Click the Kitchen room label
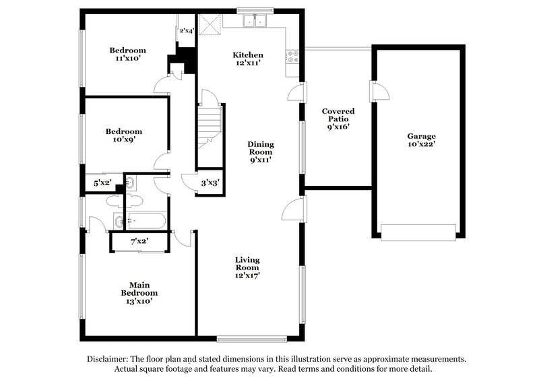pyautogui.click(x=248, y=59)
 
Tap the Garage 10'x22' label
pyautogui.click(x=421, y=140)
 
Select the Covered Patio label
pyautogui.click(x=338, y=119)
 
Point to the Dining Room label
pyautogui.click(x=260, y=152)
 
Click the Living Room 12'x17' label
pyautogui.click(x=247, y=267)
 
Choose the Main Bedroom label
pyautogui.click(x=139, y=293)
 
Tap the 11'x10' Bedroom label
pyautogui.click(x=127, y=55)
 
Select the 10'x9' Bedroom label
pyautogui.click(x=123, y=135)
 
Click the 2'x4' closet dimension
pyautogui.click(x=187, y=31)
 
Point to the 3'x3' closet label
pyautogui.click(x=210, y=183)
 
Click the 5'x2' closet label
pyautogui.click(x=102, y=183)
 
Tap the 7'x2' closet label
pyautogui.click(x=139, y=241)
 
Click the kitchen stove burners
pyautogui.click(x=293, y=57)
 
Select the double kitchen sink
pyautogui.click(x=255, y=22)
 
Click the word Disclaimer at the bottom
pyautogui.click(x=110, y=360)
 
